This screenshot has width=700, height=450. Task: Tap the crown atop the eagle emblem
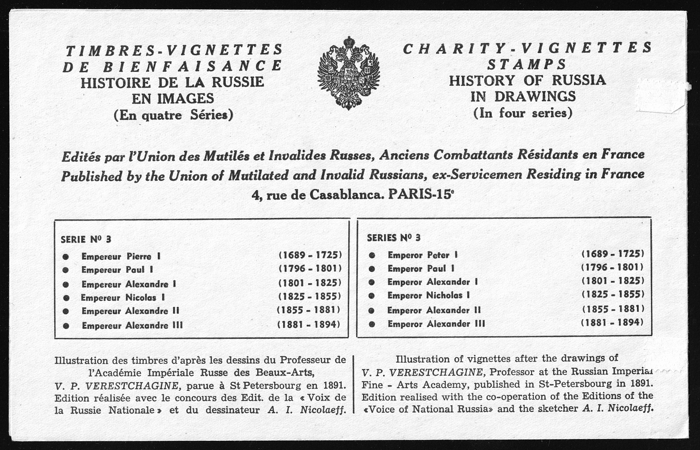point(349,42)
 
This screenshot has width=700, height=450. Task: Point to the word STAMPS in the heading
point(527,64)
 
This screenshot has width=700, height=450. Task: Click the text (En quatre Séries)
point(173,115)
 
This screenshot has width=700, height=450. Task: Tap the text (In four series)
point(523,113)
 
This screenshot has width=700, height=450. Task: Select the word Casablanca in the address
point(346,195)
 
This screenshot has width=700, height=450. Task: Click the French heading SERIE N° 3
point(86,239)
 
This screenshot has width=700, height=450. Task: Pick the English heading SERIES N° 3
point(394,238)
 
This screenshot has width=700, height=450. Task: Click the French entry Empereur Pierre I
point(121,257)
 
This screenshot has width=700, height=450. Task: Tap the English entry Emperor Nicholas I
point(428,295)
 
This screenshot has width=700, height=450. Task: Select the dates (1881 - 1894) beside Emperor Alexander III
point(612,323)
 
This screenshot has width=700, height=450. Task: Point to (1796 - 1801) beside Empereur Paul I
point(310,268)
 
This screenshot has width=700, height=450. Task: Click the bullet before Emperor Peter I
point(372,255)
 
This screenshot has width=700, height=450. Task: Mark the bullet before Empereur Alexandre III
point(66,326)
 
